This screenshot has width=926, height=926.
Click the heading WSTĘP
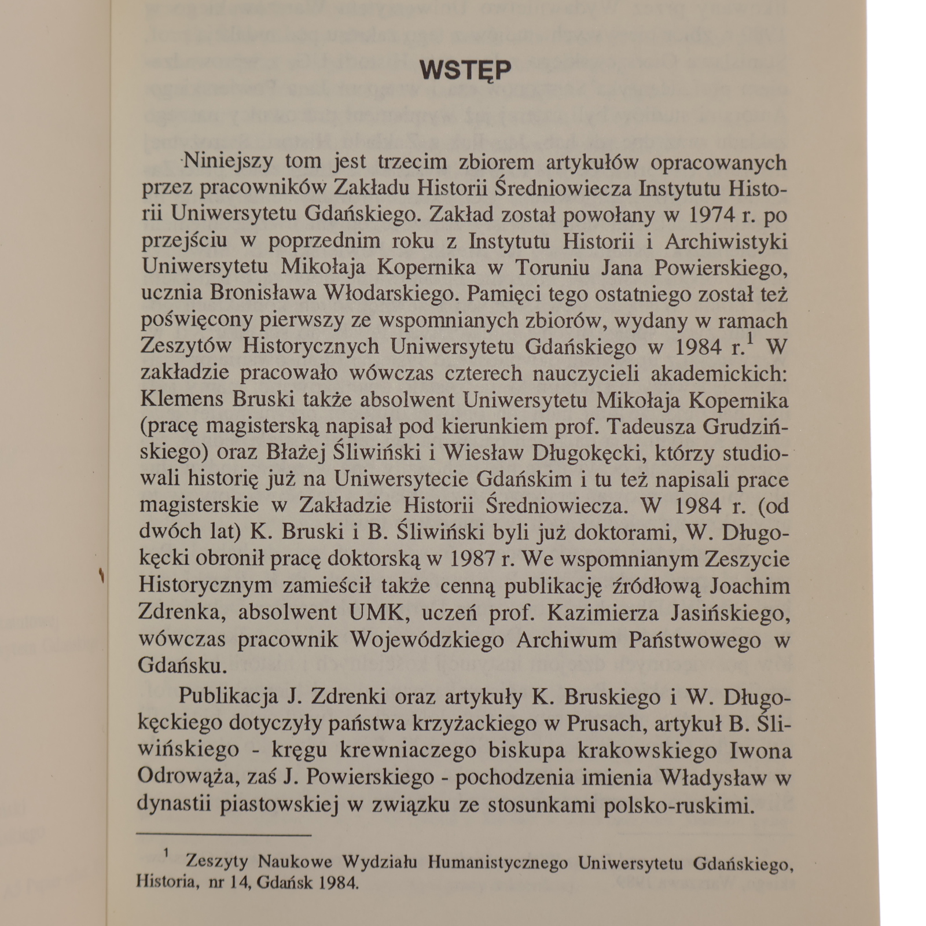[465, 71]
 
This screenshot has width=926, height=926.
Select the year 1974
[714, 215]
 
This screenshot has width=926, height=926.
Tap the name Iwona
[759, 751]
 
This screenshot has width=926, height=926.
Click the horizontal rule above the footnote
[224, 835]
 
